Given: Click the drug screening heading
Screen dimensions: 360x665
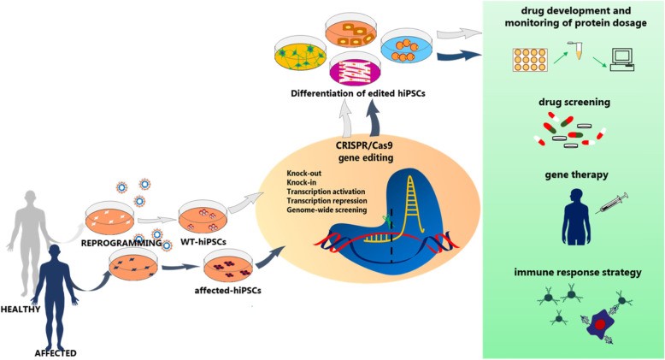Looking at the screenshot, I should pyautogui.click(x=580, y=101).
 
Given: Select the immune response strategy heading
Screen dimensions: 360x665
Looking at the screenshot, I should pyautogui.click(x=580, y=273).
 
